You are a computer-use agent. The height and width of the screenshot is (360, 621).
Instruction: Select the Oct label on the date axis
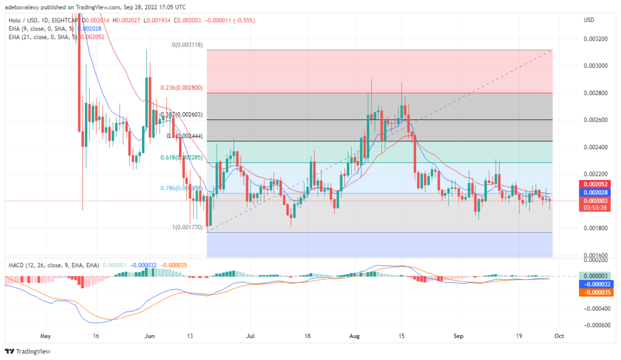click(559, 335)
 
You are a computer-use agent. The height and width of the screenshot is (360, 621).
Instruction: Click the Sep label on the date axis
click(457, 335)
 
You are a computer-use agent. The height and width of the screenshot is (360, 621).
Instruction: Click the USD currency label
click(588, 20)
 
